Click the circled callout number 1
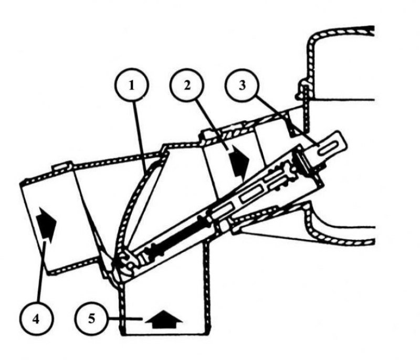[131, 86]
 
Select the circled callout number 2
[187, 85]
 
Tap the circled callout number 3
[242, 85]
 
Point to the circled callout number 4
[36, 319]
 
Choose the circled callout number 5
[91, 319]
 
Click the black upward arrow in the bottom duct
[164, 319]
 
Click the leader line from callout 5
[124, 319]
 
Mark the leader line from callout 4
[42, 271]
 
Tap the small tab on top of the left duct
[62, 166]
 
